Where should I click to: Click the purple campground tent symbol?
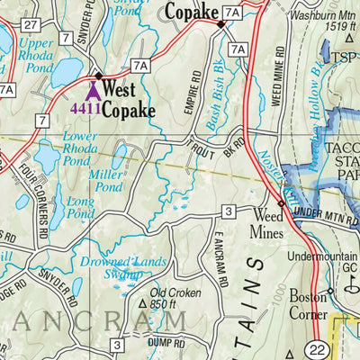92,90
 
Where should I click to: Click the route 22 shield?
315,349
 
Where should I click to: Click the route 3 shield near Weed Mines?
229,211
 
